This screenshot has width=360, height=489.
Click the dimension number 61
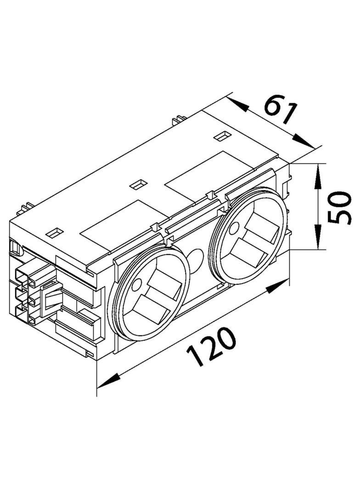click(x=280, y=111)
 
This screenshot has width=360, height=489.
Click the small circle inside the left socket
click(x=136, y=285)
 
